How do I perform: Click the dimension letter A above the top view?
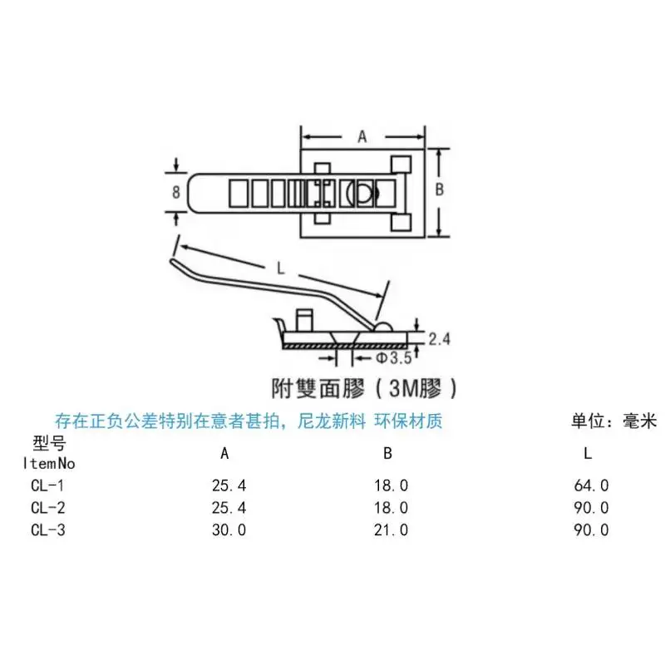pyautogui.click(x=362, y=138)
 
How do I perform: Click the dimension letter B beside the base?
pyautogui.click(x=440, y=189)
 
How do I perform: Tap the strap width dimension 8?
pyautogui.click(x=176, y=191)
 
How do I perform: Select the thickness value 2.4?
pyautogui.click(x=440, y=339)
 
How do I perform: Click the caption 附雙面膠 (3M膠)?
pyautogui.click(x=364, y=387)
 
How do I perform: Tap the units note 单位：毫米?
pyautogui.click(x=614, y=421)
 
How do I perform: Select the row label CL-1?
pyautogui.click(x=48, y=485)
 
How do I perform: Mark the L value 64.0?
pyautogui.click(x=592, y=485)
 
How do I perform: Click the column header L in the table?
pyautogui.click(x=589, y=454)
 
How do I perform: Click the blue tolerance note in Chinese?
pyautogui.click(x=249, y=421)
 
